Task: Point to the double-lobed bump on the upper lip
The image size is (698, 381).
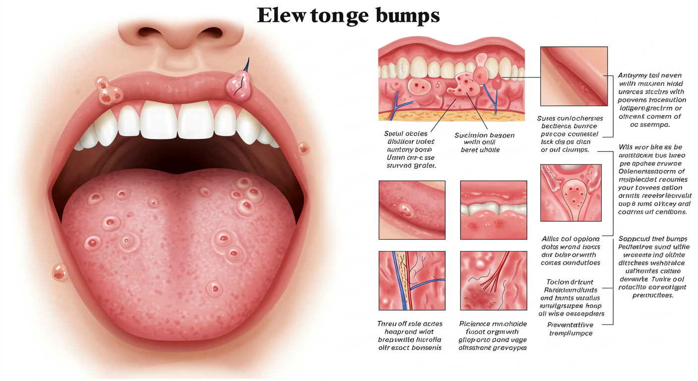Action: (110, 91)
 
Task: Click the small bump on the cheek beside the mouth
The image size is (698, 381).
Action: (303, 147)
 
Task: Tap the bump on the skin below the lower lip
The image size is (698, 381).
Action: (59, 272)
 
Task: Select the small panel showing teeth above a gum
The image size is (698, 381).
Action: (493, 210)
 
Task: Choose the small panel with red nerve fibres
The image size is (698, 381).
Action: (493, 280)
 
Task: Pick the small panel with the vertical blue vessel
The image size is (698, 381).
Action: (411, 280)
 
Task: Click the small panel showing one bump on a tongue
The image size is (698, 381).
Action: (411, 210)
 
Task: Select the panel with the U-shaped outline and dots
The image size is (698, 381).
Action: (571, 192)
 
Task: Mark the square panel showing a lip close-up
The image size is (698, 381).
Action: (574, 76)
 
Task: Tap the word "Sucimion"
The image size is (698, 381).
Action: (471, 135)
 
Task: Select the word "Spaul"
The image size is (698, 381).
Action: (395, 134)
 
